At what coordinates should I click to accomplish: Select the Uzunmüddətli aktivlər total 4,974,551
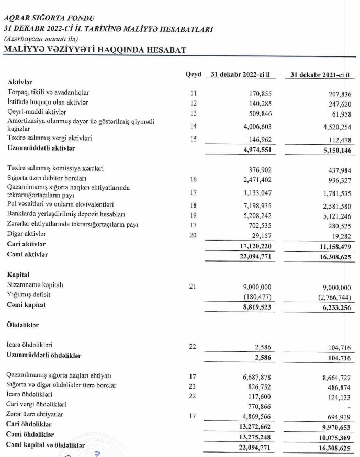tap(254, 148)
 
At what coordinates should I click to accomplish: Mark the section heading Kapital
tap(19, 274)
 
